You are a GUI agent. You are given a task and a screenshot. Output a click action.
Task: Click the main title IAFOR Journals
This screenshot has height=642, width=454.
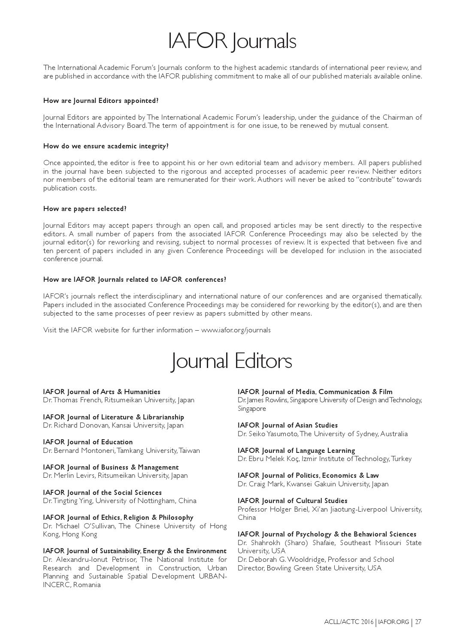click(x=232, y=42)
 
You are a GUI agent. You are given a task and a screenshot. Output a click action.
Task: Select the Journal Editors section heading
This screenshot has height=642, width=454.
click(x=231, y=361)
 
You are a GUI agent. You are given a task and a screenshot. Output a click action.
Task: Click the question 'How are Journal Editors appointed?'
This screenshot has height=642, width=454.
click(x=101, y=101)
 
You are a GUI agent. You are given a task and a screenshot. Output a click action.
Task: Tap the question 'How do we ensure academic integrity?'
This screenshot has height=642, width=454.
click(x=106, y=146)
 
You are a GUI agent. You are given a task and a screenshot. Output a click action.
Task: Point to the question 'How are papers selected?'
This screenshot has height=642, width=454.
click(x=85, y=209)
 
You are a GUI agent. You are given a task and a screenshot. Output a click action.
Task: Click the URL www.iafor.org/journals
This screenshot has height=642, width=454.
click(x=236, y=330)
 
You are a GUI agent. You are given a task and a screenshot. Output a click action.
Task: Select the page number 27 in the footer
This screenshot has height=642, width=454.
click(x=418, y=622)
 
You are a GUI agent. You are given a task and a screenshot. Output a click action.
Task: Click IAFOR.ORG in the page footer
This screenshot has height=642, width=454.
click(x=394, y=622)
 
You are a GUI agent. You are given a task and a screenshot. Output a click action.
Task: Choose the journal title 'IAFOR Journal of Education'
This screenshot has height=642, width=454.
click(x=88, y=442)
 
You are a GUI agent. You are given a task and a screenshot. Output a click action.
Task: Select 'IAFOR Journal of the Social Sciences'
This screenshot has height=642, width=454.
click(x=103, y=493)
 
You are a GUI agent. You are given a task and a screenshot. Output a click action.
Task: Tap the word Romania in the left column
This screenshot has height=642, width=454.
click(x=87, y=585)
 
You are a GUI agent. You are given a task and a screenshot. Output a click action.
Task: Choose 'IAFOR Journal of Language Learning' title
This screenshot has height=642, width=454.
click(x=297, y=451)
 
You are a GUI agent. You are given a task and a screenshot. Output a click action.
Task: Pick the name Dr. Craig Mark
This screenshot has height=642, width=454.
click(x=259, y=484)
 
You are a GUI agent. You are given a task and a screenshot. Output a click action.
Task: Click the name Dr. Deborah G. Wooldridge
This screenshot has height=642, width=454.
click(x=277, y=560)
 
